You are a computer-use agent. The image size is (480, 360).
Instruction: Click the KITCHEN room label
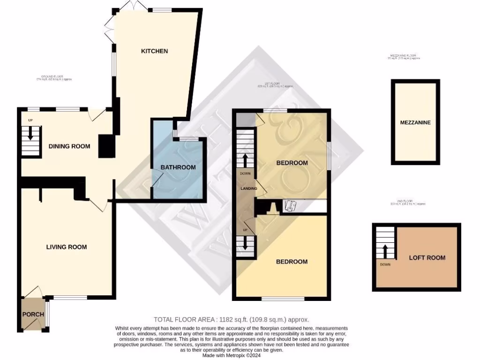click(154, 51)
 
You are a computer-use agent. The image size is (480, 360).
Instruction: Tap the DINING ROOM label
click(69, 146)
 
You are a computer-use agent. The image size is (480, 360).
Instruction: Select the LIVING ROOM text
click(66, 247)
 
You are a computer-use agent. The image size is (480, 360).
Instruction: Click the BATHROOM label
click(178, 167)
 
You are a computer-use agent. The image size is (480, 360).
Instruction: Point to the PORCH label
click(33, 314)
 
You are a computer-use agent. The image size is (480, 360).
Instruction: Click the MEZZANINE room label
click(415, 123)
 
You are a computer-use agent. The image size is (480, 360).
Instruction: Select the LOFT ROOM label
click(427, 257)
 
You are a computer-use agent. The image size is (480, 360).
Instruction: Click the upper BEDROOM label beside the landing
click(292, 163)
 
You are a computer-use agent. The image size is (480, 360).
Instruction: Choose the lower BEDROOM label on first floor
click(292, 262)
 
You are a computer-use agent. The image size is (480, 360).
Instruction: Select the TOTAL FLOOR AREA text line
click(231, 319)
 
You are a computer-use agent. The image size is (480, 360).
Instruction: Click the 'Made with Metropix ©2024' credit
click(232, 356)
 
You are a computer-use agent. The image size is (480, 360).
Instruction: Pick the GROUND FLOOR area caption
click(54, 78)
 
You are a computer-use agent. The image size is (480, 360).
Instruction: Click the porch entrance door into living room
click(34, 292)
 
